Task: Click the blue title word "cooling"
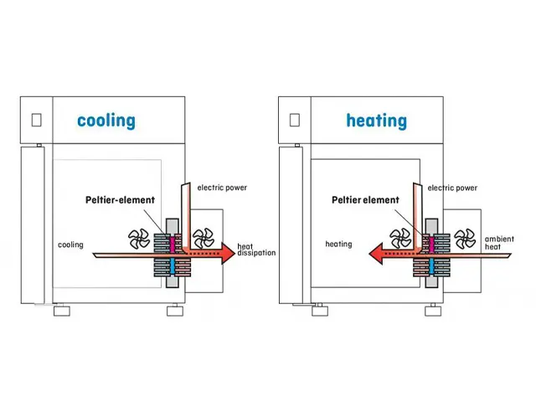click(106, 121)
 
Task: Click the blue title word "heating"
click(376, 121)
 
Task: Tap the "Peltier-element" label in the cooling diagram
click(120, 201)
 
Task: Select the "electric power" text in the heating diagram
click(452, 188)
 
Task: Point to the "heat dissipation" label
click(255, 250)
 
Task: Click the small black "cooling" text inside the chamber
click(70, 245)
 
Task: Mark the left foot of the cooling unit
click(62, 312)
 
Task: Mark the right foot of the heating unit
click(432, 312)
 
